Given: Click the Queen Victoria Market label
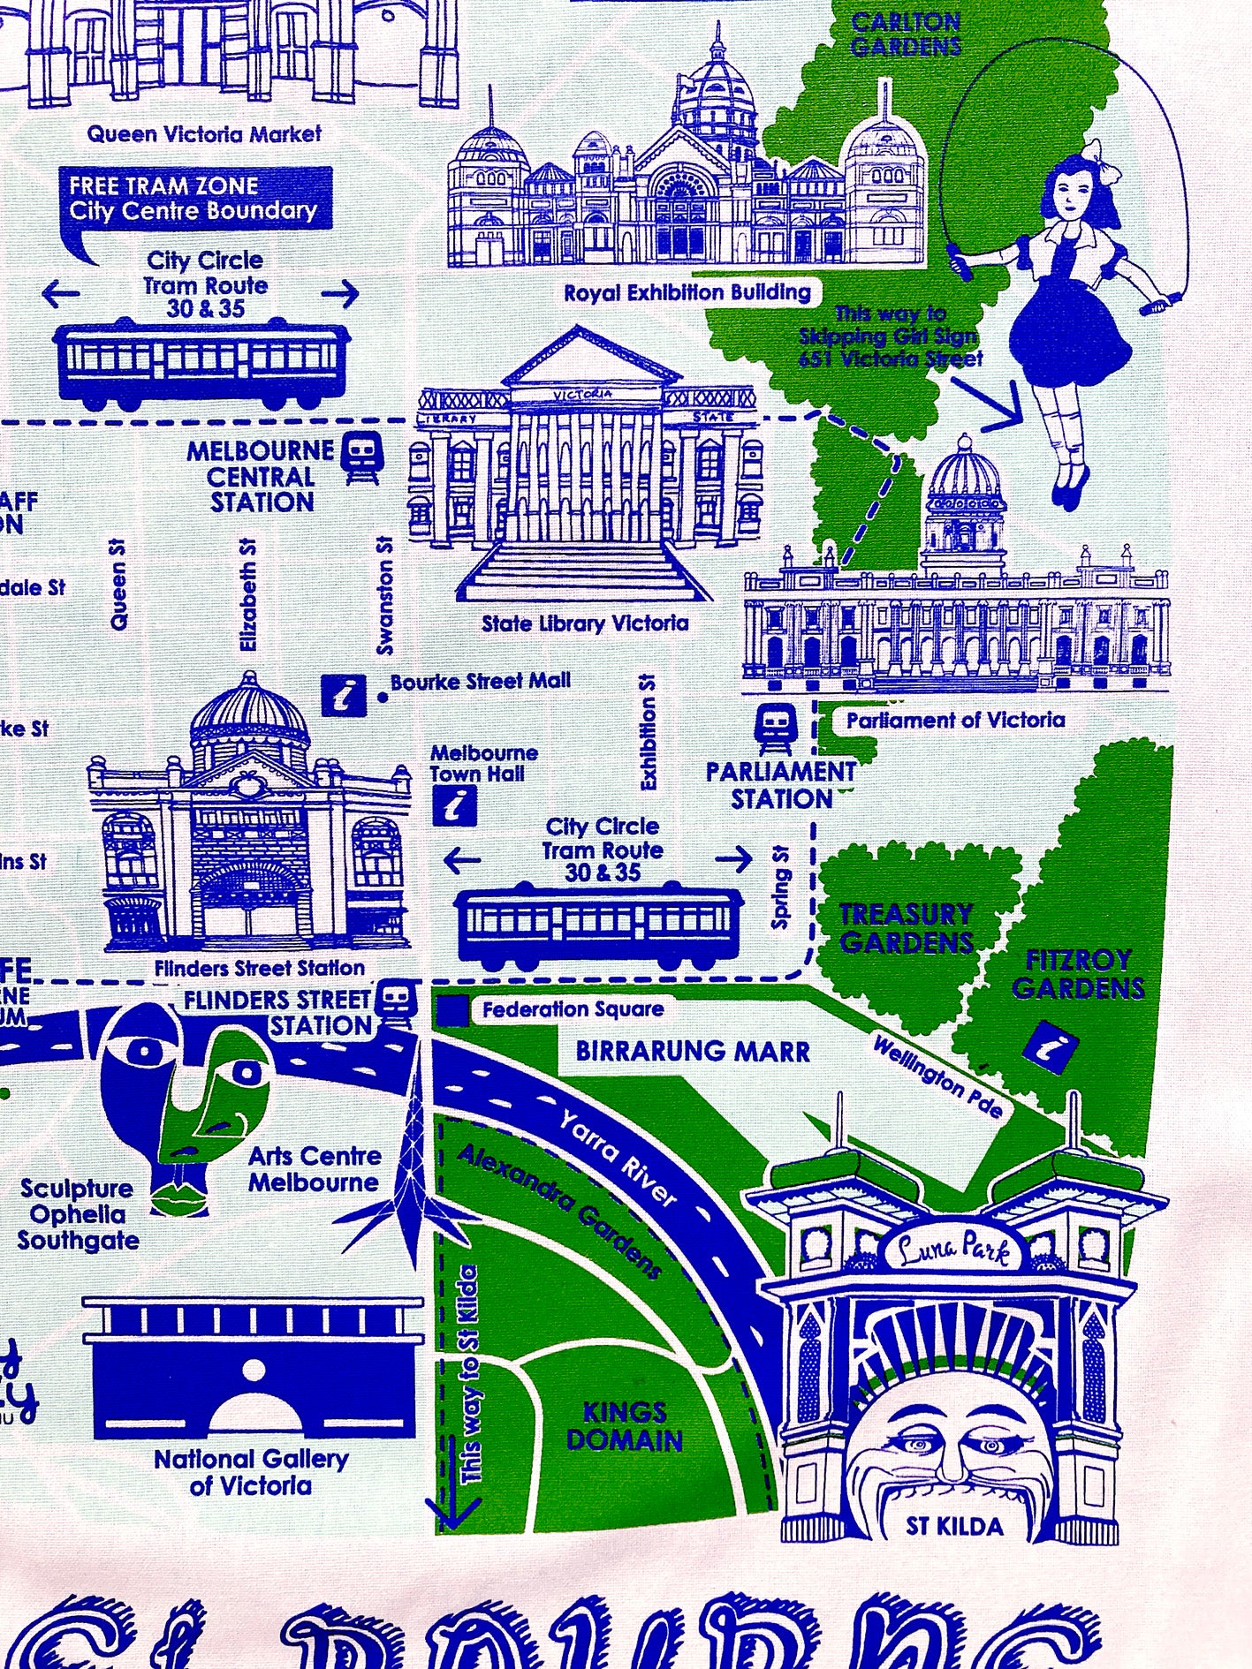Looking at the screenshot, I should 204,134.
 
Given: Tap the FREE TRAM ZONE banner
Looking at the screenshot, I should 193,199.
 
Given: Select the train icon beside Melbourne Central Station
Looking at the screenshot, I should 362,457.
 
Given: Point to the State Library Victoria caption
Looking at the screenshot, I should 585,623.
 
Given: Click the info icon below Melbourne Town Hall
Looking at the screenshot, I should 456,805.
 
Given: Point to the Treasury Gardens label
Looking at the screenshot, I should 907,928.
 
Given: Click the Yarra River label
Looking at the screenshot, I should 618,1157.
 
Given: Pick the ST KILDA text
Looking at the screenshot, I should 954,1526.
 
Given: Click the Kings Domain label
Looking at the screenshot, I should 624,1426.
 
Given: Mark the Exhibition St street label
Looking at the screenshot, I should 648,730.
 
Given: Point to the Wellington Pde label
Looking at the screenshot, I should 938,1076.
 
